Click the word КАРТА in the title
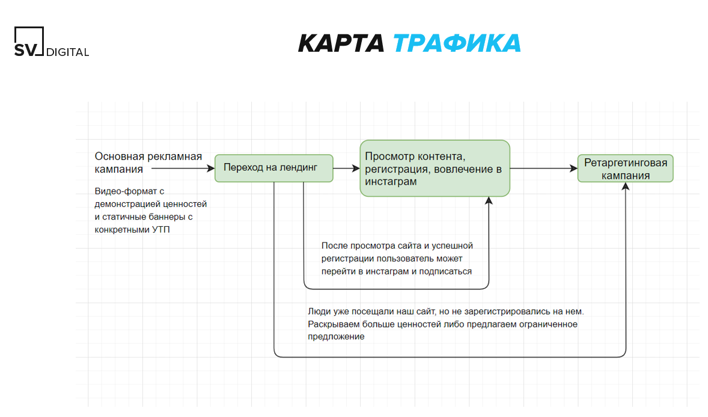pos(341,43)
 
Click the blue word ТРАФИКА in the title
pos(457,43)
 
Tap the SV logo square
pos(29,41)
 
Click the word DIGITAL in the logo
pos(68,52)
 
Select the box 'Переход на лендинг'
pos(273,168)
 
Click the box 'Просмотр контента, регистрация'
pos(435,168)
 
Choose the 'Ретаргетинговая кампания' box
pos(626,168)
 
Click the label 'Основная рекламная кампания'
pos(148,163)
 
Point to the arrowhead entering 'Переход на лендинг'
pos(211,168)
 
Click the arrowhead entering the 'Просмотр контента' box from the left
pos(356,168)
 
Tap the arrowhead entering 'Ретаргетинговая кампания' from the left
pos(573,168)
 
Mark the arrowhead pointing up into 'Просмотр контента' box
pos(489,201)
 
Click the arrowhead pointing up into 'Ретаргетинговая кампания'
pos(626,187)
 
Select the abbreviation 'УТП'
pos(161,230)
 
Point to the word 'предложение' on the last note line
pos(336,337)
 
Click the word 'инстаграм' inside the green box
pos(391,182)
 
